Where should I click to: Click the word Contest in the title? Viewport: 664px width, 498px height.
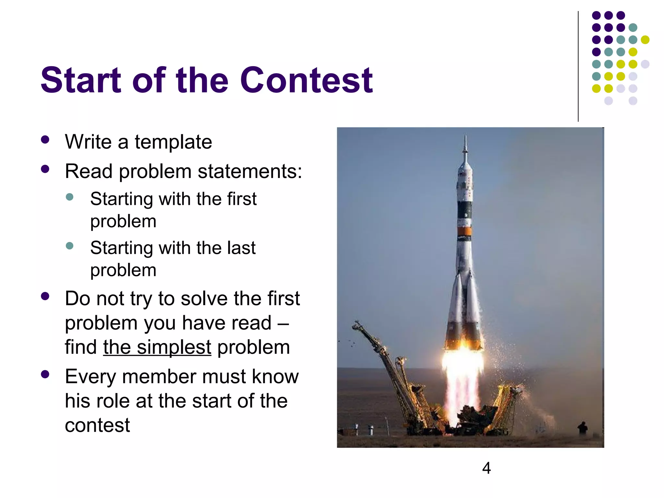pos(306,80)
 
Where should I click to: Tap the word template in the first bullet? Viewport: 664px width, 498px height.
pos(173,142)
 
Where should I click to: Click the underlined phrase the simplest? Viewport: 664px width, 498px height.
pos(157,347)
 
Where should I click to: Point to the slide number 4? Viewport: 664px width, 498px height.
pos(486,468)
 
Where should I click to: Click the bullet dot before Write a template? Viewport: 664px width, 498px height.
pos(45,140)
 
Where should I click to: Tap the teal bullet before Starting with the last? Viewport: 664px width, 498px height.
pos(69,245)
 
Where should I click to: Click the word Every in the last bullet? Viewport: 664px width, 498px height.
pos(90,377)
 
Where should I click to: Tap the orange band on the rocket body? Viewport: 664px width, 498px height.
pos(464,231)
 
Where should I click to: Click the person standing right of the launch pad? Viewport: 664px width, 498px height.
pos(583,428)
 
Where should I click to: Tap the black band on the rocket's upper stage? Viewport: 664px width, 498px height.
pos(464,210)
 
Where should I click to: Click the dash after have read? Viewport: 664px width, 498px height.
pos(283,323)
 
